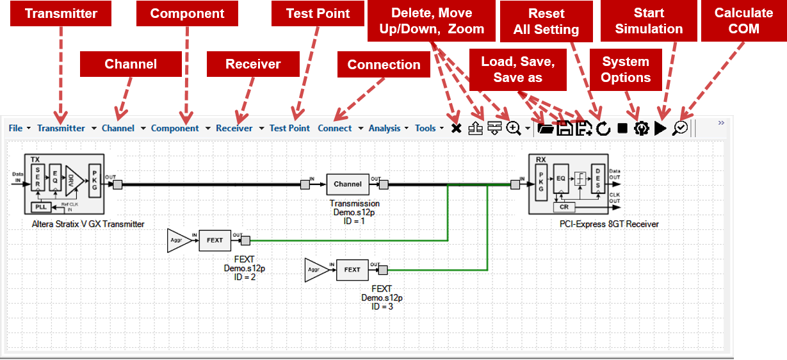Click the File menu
point(15,128)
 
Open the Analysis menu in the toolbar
point(384,128)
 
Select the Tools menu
point(425,128)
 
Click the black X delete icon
point(456,129)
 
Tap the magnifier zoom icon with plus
point(514,129)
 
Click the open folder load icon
point(546,129)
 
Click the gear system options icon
point(641,129)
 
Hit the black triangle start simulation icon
point(661,129)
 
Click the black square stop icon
point(622,129)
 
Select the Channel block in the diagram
point(348,184)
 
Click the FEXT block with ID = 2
point(215,240)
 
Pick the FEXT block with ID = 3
point(352,270)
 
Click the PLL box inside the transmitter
point(41,206)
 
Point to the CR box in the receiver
point(564,207)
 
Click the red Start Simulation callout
point(649,21)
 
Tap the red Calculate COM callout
point(743,21)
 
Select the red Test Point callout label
point(318,13)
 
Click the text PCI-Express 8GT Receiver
point(608,224)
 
